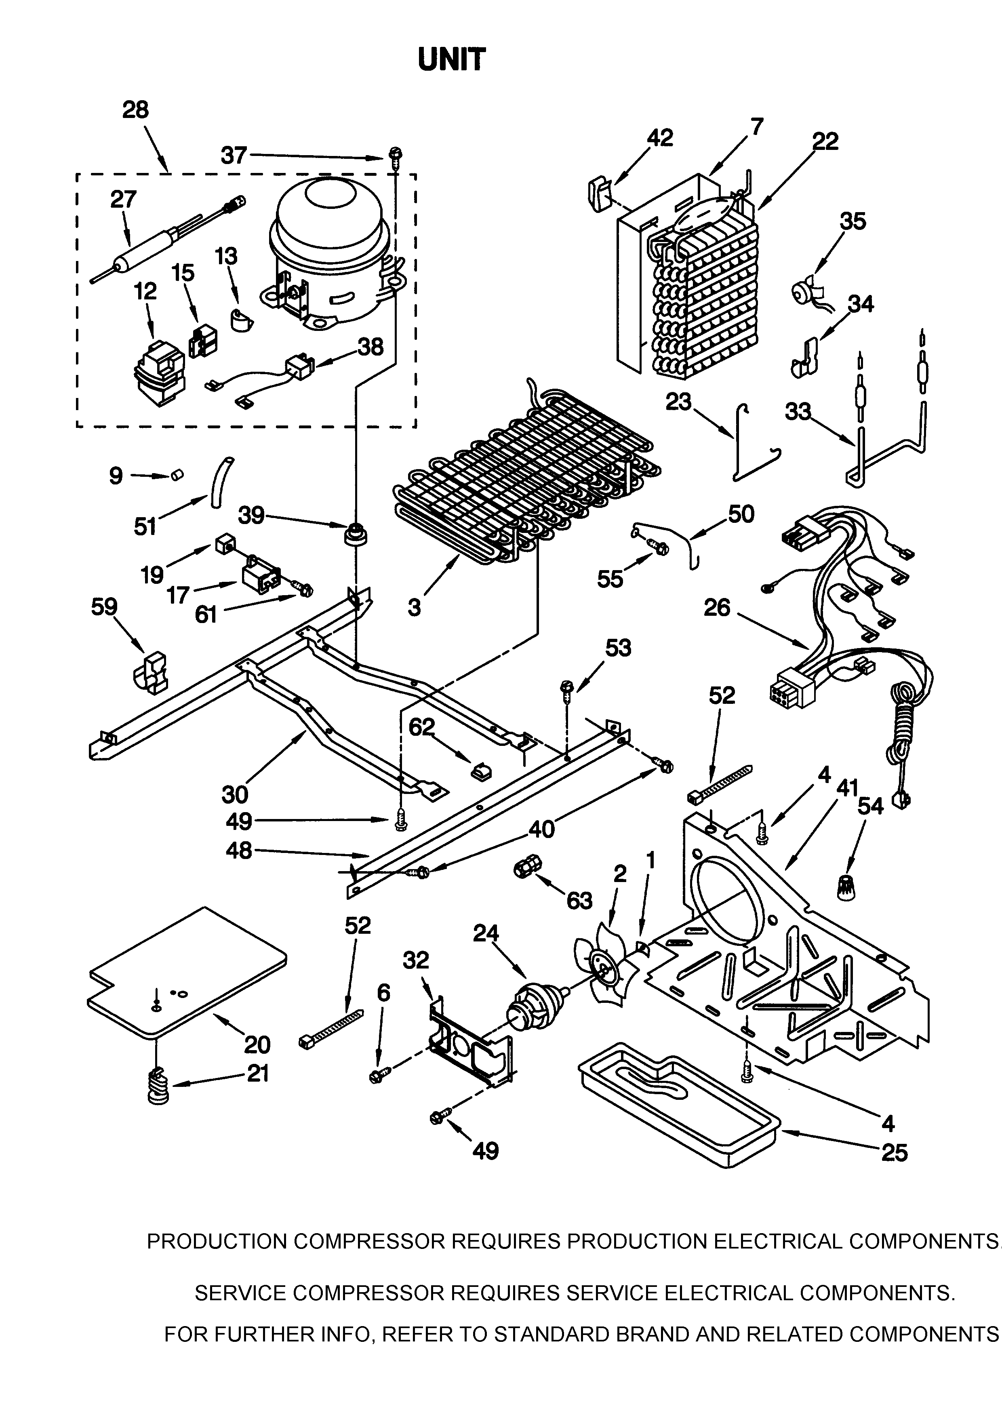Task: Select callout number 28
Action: [x=135, y=110]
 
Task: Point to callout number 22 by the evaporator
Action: [x=825, y=141]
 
